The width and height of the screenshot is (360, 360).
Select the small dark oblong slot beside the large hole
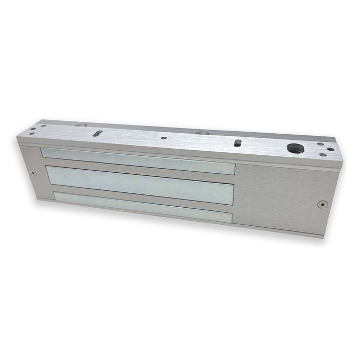pos(238,142)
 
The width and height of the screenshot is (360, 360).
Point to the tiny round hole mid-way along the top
pos(163,137)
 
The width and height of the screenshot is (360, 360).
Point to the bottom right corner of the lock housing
pos(324,237)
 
